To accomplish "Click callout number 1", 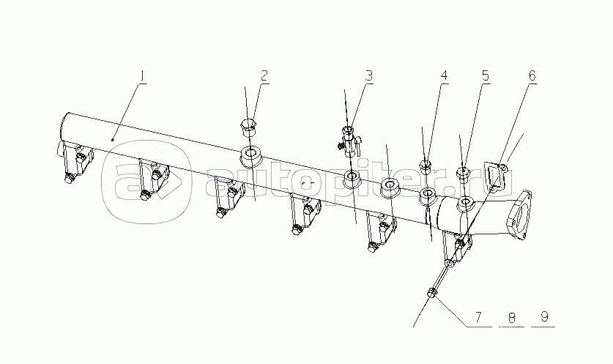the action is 143,76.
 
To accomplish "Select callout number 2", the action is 264,76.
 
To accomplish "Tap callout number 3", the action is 369,76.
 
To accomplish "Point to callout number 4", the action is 444,76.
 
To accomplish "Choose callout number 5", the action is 485,76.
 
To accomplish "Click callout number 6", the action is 532,76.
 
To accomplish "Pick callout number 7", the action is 479,316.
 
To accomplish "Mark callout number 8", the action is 512,316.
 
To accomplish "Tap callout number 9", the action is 545,316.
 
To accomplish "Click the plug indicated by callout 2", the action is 248,127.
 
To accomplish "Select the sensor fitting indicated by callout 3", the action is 350,141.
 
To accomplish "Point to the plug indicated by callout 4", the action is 426,167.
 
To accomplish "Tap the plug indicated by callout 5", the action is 464,174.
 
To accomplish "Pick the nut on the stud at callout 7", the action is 432,292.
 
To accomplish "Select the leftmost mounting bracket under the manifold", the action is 76,163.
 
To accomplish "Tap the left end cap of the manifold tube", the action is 64,126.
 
